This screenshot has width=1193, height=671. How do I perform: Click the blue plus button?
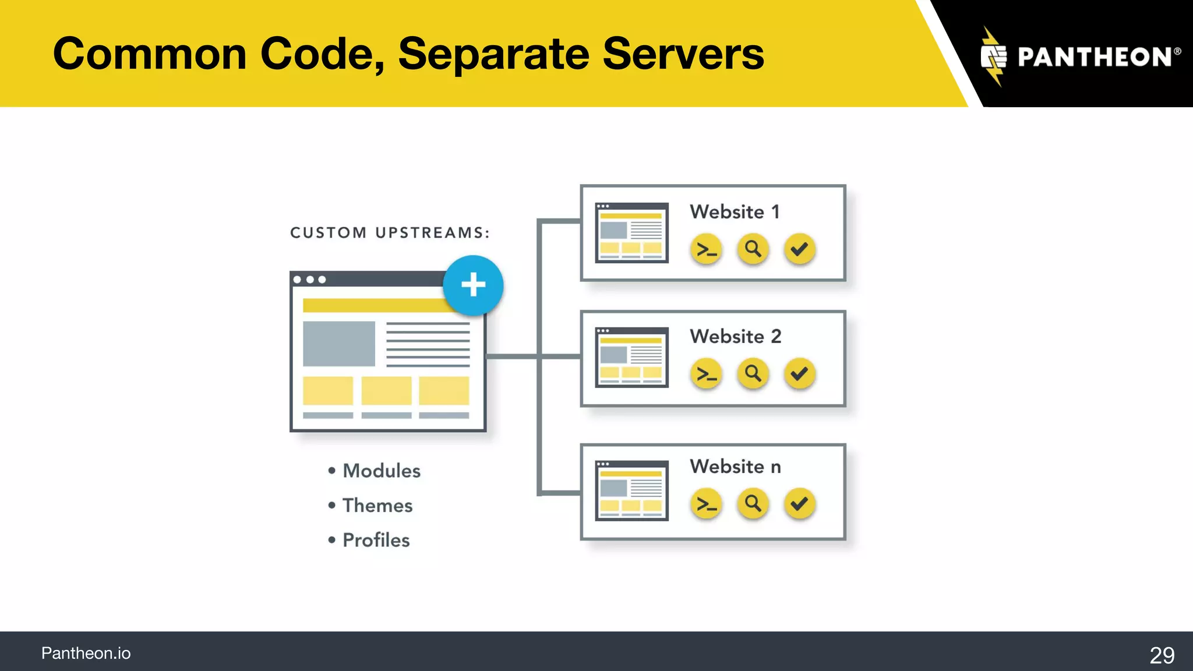click(x=473, y=285)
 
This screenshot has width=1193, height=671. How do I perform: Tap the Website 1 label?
click(x=735, y=212)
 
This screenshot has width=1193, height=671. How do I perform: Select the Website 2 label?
click(x=735, y=337)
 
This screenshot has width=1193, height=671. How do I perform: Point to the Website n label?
click(x=735, y=467)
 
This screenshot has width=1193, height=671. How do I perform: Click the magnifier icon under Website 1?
click(x=753, y=249)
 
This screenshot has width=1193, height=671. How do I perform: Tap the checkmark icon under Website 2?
click(x=799, y=373)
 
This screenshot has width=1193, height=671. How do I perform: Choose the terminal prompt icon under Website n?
click(x=706, y=504)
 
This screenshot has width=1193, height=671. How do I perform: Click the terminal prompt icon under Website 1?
click(x=706, y=250)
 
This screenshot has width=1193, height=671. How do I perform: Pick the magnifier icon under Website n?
click(x=753, y=503)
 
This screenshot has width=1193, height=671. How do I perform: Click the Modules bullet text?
click(x=381, y=471)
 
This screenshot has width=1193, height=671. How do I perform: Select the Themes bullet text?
click(x=377, y=506)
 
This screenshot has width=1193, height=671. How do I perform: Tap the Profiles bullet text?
click(x=376, y=541)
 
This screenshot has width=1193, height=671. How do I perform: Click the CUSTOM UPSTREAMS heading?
click(x=390, y=233)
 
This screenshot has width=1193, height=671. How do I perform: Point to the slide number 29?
click(x=1162, y=655)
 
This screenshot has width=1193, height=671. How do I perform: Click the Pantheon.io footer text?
click(x=86, y=654)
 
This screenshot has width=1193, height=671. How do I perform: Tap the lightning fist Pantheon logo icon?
click(x=993, y=56)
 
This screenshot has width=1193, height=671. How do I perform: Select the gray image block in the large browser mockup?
click(x=338, y=344)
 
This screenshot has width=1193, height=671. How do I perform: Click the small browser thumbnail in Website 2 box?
click(x=631, y=357)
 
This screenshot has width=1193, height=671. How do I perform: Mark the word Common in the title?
click(x=150, y=54)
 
